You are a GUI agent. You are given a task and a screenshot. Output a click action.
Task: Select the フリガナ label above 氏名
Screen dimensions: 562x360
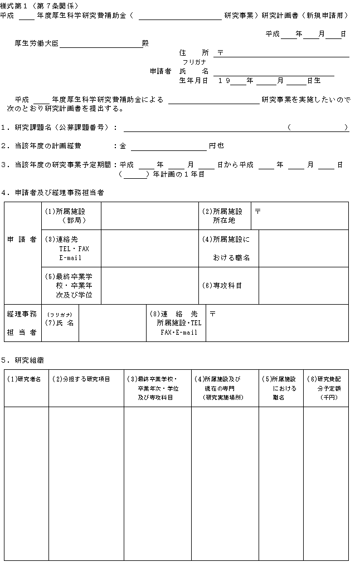pyautogui.click(x=200, y=62)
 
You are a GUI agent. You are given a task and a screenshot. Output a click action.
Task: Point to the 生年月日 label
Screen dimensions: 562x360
pyautogui.click(x=193, y=81)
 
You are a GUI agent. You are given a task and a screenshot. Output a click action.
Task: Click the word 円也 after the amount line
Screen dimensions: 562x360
pyautogui.click(x=216, y=146)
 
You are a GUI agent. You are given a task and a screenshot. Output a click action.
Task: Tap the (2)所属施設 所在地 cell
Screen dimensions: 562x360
pyautogui.click(x=224, y=216)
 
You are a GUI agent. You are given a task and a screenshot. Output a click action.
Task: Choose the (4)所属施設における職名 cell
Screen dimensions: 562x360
pyautogui.click(x=228, y=248)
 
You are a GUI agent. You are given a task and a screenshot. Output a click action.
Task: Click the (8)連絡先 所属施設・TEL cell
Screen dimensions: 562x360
pyautogui.click(x=176, y=323)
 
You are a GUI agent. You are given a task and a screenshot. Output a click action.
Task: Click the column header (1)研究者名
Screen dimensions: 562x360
pyautogui.click(x=26, y=379)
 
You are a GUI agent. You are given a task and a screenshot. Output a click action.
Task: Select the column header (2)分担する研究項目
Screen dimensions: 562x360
pyautogui.click(x=81, y=379)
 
